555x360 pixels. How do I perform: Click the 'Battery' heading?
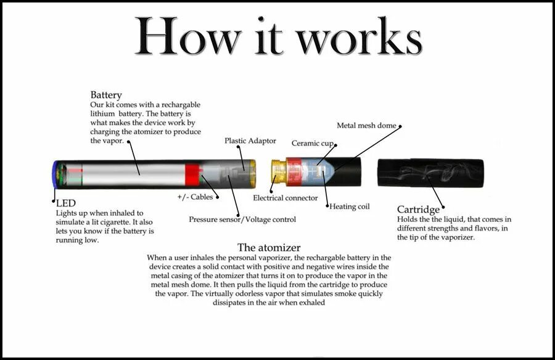pyautogui.click(x=106, y=96)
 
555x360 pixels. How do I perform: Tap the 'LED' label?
pyautogui.click(x=65, y=203)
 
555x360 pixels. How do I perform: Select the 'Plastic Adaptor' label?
pyautogui.click(x=250, y=141)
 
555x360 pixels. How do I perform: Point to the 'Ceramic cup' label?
pyautogui.click(x=312, y=143)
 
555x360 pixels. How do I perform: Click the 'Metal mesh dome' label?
pyautogui.click(x=366, y=126)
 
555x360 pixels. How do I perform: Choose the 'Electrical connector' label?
pyautogui.click(x=286, y=198)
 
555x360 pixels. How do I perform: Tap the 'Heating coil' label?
pyautogui.click(x=350, y=207)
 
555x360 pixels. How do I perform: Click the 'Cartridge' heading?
pyautogui.click(x=418, y=210)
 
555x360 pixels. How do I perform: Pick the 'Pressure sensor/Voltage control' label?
pyautogui.click(x=242, y=219)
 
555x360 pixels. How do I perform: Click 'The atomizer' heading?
pyautogui.click(x=269, y=248)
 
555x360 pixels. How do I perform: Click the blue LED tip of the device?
pyautogui.click(x=55, y=174)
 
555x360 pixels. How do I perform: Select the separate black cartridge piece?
pyautogui.click(x=430, y=173)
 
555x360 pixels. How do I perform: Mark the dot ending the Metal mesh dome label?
pyautogui.click(x=400, y=126)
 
